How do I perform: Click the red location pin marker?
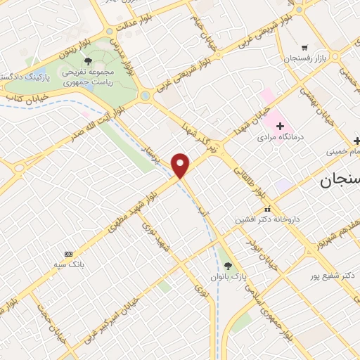181,165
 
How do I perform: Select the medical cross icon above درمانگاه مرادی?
281,125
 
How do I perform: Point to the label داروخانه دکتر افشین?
267,219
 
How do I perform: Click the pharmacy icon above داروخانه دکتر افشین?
267,209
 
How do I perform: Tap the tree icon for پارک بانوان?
227,265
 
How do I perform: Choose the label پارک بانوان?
226,276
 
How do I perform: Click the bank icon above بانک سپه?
68,253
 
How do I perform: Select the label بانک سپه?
68,264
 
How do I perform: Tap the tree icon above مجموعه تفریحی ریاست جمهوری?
88,62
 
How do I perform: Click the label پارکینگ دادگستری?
25,75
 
